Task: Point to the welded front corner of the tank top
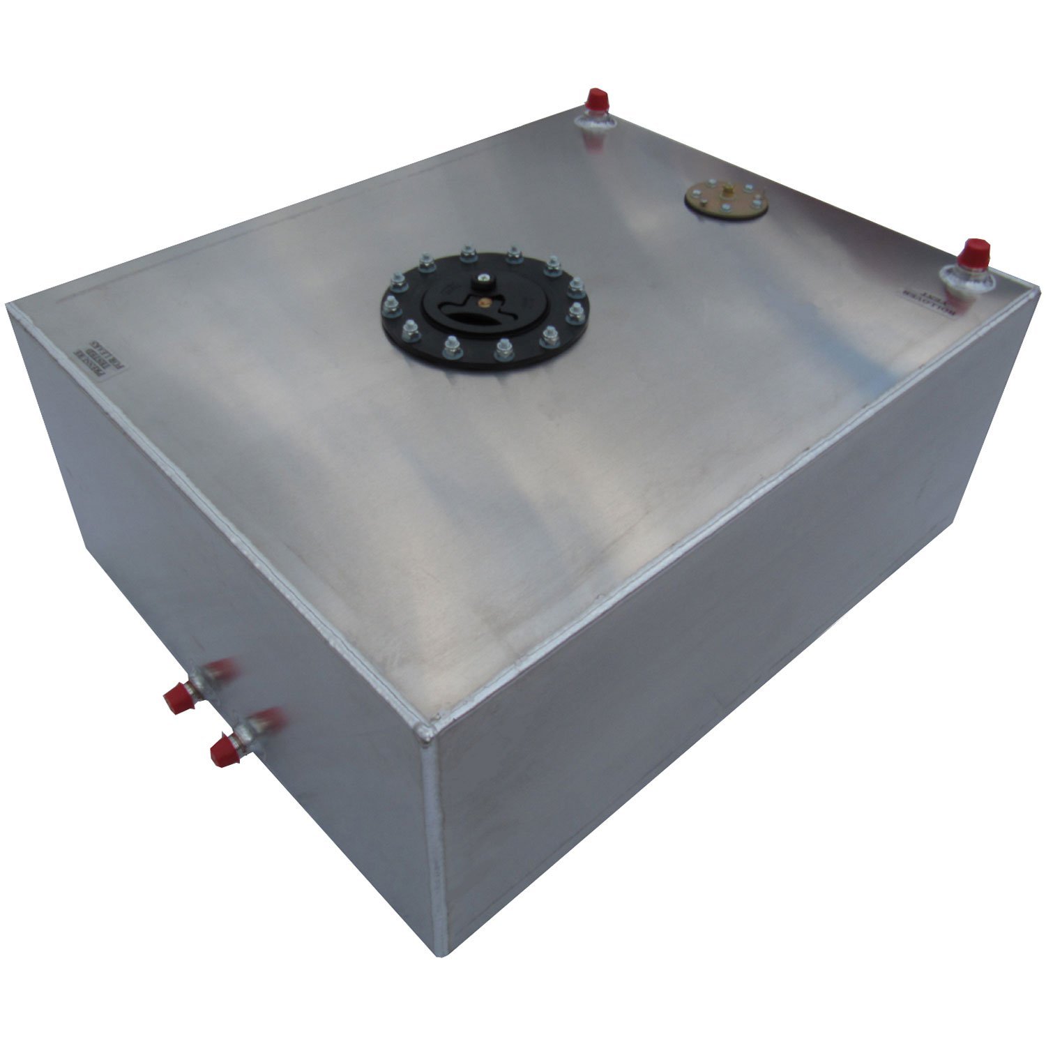tap(426, 732)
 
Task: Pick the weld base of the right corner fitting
tap(969, 280)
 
